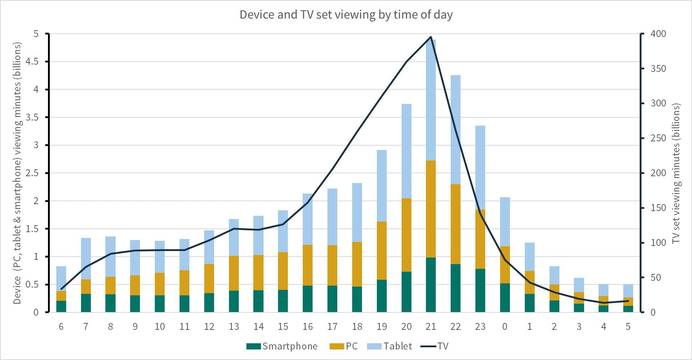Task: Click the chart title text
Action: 346,15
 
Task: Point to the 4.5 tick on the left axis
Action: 32,61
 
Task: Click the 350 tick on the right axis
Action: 658,69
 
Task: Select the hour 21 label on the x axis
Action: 431,327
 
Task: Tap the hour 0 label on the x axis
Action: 505,327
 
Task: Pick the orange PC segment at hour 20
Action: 406,235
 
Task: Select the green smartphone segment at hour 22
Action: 455,288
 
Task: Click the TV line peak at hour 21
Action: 431,37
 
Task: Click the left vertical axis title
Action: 17,173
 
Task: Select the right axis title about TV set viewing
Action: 676,173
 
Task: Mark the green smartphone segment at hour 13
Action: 234,301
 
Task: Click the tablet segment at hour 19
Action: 382,186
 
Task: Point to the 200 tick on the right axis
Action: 658,173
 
